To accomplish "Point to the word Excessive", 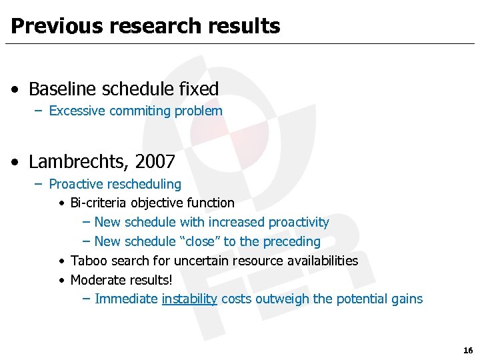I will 77,111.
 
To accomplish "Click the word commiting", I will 140,111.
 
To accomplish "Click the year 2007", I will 155,161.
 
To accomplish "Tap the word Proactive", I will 75,183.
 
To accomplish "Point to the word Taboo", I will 87,261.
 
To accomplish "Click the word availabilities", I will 319,261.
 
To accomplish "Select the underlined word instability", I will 189,299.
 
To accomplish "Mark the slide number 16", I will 467,350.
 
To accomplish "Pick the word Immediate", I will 127,299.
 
